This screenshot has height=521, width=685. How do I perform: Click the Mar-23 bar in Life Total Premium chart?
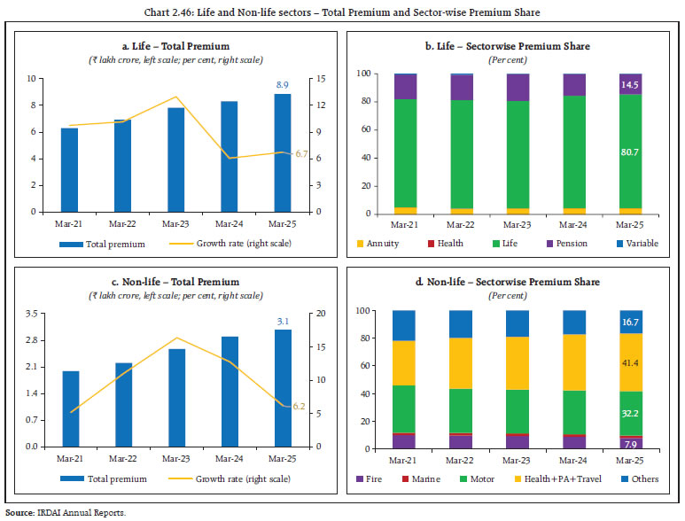(176, 159)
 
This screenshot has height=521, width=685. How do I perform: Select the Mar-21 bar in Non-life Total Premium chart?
(70, 408)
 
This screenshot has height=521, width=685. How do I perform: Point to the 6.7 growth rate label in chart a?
(301, 154)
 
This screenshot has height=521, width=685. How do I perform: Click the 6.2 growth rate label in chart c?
(299, 405)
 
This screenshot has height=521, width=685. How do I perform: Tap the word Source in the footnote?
(19, 512)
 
